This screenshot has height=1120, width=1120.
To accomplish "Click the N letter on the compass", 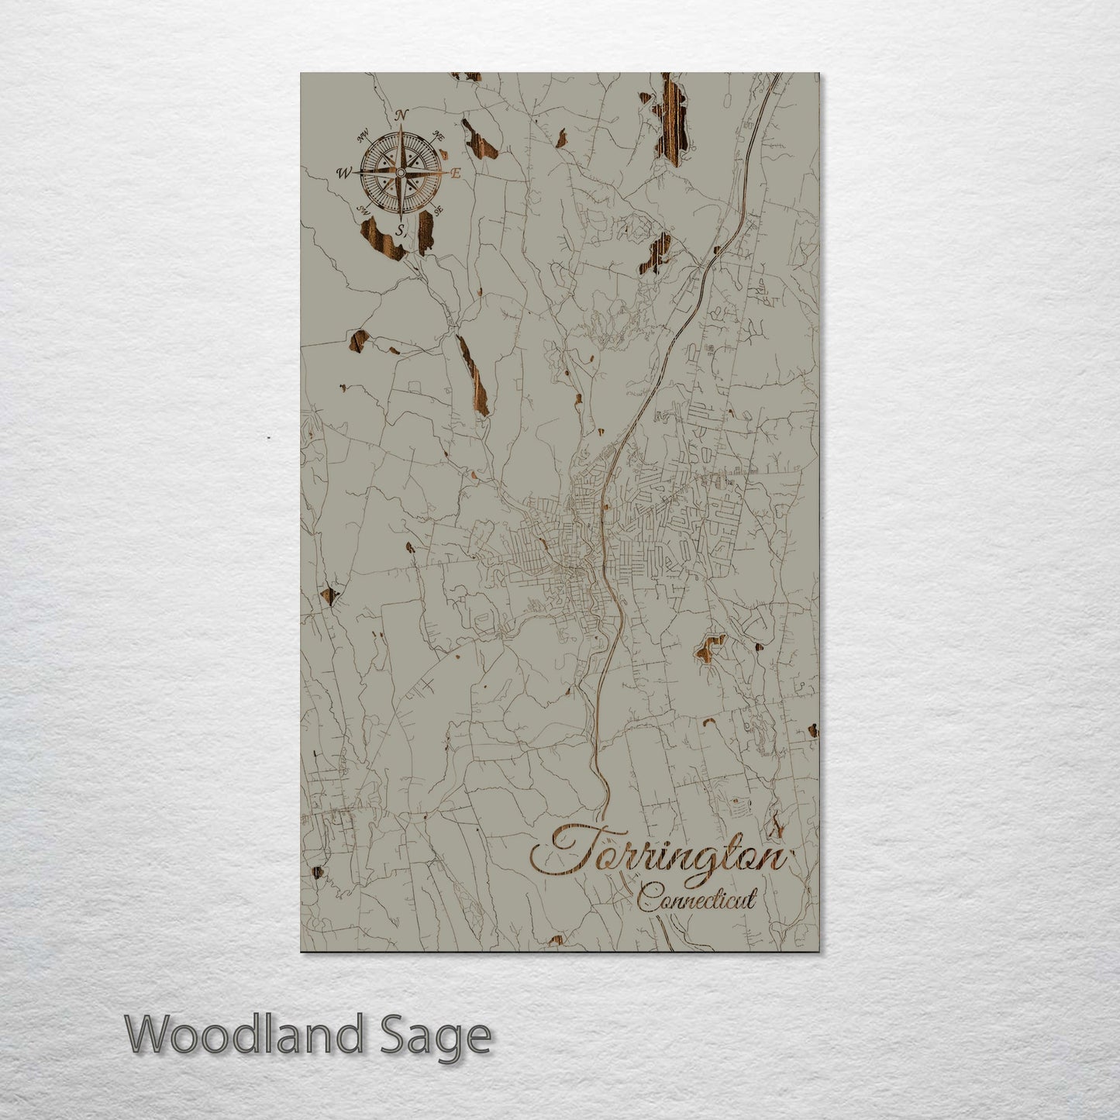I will point(401,115).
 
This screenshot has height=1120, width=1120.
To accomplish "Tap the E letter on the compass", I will point(456,174).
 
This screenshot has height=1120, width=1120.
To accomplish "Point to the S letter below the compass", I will point(400,230).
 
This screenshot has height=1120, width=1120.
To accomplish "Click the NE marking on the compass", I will point(439,136).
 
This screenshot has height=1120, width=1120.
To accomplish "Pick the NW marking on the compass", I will point(362,138).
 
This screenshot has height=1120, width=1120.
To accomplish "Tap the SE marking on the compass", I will point(439,210).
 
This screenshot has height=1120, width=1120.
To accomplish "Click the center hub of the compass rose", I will point(400,173).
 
